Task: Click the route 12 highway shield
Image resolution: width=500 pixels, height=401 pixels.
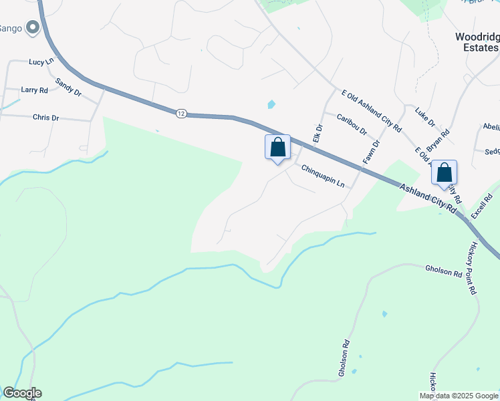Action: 181,114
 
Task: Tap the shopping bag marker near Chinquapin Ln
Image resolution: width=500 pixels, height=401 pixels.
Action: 277,147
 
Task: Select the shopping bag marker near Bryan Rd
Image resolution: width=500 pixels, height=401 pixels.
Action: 444,173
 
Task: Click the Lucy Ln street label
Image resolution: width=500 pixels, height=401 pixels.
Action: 40,61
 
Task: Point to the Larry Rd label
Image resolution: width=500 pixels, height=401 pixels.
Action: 34,90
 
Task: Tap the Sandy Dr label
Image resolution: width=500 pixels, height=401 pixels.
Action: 68,86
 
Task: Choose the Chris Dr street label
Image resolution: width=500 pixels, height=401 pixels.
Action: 45,118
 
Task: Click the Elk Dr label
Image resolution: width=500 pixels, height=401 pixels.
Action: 318,133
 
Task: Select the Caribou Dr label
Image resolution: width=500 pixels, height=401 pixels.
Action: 352,122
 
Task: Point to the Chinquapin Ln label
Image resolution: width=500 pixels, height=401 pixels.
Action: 323,176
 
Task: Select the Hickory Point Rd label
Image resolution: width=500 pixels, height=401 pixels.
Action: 472,267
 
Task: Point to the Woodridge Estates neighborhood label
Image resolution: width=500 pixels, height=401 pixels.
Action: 477,42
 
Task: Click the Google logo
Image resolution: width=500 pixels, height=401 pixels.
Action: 22,393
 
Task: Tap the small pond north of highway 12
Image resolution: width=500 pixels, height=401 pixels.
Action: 271,104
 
